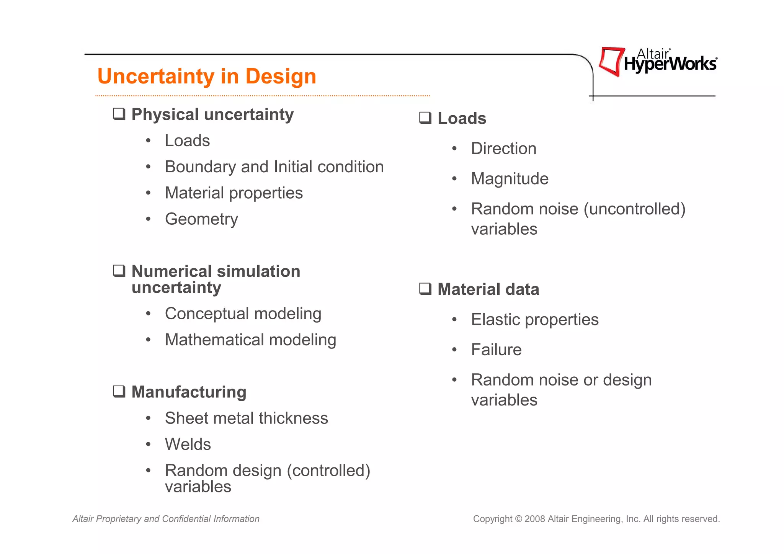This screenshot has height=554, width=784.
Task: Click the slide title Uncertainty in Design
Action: tap(207, 76)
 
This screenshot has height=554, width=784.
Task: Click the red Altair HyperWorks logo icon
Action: tap(611, 61)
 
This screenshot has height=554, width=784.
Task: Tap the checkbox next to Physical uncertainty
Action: tap(119, 114)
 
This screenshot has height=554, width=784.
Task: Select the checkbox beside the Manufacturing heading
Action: tap(119, 392)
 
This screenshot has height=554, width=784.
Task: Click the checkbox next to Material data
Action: tap(425, 289)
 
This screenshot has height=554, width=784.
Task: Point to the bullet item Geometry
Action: tap(201, 219)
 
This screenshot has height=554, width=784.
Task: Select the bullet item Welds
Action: tap(188, 444)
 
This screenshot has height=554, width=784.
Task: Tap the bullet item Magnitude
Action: tap(510, 179)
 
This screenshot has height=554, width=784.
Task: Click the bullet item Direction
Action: tap(503, 149)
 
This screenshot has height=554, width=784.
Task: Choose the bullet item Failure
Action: tap(496, 350)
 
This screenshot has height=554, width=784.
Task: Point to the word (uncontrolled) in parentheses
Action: tap(634, 209)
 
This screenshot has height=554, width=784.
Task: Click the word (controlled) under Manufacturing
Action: tap(328, 471)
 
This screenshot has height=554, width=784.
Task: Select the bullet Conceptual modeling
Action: tap(243, 314)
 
